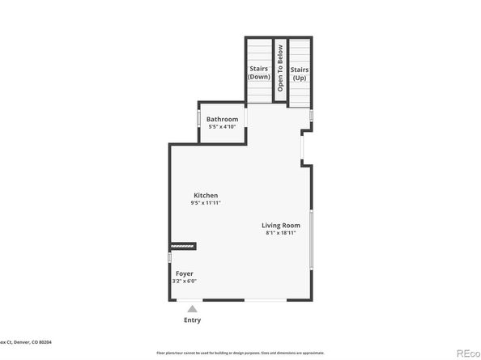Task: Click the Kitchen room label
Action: [205, 196]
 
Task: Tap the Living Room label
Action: [280, 225]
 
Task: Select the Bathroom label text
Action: [222, 120]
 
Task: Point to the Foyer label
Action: [185, 273]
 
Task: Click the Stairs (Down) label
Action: [259, 73]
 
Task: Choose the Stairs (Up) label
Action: [300, 73]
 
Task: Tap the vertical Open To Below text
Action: [279, 67]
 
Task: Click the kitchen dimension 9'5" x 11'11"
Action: [205, 203]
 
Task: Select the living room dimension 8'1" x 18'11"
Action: [280, 233]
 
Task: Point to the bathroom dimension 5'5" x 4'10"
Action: [222, 127]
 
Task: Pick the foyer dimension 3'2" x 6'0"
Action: [185, 282]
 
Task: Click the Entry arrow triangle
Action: [192, 308]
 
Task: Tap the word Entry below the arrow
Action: [192, 320]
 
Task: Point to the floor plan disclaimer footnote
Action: [240, 354]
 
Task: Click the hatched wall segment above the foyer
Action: [182, 246]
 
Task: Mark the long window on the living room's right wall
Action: [311, 239]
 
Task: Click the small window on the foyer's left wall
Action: [168, 257]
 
